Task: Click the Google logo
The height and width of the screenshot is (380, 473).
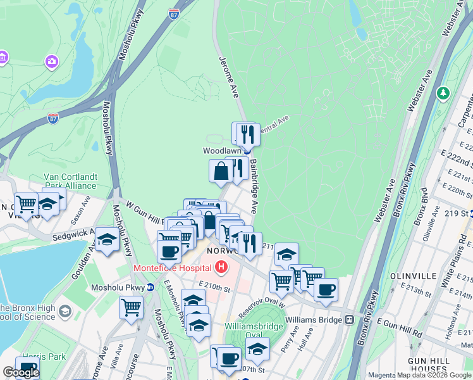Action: tap(21, 372)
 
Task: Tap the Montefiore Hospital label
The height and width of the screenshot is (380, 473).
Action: tap(172, 268)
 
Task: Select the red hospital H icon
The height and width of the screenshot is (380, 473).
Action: tap(221, 267)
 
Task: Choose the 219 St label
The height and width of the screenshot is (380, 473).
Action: tap(460, 213)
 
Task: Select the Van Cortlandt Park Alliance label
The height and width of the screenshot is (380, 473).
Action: tap(70, 181)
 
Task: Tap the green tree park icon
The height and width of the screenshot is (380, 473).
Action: tap(444, 94)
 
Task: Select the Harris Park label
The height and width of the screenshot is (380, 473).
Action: tap(44, 357)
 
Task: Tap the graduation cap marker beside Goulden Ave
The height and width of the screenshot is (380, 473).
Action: tap(107, 240)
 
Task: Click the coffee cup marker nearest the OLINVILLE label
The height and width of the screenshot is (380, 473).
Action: tap(326, 289)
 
